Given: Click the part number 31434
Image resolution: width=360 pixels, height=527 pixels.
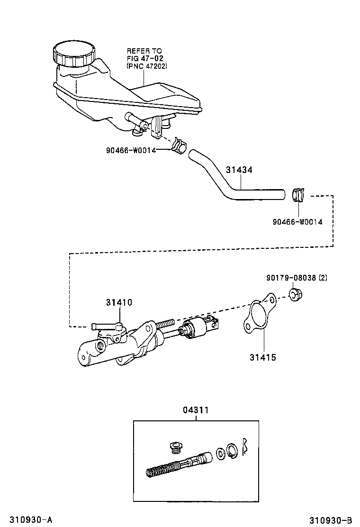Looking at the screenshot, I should coord(239,170).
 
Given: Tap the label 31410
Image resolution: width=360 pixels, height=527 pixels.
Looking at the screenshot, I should coord(118,302).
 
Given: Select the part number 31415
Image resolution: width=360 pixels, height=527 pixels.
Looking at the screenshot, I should coord(262,357).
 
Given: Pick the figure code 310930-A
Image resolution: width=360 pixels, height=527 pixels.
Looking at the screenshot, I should coord(27,520).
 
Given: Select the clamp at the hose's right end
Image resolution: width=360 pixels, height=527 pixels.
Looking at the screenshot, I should coord(298,194).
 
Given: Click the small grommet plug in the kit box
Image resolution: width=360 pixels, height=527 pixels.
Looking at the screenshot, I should coord(177,448).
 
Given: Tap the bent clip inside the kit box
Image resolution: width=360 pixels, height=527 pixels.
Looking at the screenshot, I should coord(245,446).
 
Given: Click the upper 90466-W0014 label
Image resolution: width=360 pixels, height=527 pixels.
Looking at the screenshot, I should coord(131,150).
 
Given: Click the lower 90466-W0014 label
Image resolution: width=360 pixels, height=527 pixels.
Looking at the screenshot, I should coord(297,221).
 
